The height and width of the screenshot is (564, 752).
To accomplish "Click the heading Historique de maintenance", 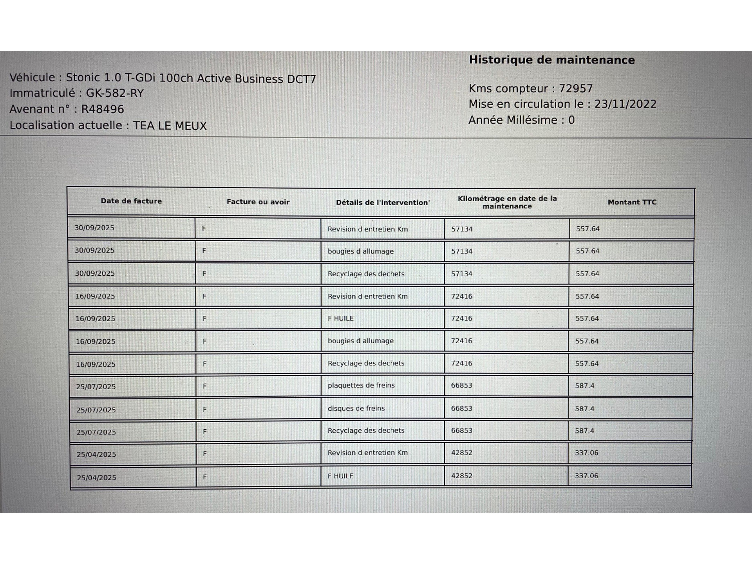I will click(x=551, y=60).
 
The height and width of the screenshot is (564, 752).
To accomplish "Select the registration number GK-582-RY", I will click(x=115, y=93).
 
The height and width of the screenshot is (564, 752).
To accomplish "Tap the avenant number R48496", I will click(x=102, y=109).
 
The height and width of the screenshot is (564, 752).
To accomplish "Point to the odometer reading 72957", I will click(x=575, y=89).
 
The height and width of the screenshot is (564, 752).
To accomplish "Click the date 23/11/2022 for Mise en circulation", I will click(x=625, y=104).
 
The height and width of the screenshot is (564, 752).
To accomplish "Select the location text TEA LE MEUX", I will click(x=170, y=126).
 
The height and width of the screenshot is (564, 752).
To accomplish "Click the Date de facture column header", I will click(x=131, y=201).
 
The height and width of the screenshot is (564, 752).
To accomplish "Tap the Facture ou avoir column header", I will click(x=258, y=202).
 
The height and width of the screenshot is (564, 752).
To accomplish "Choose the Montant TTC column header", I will click(x=632, y=202).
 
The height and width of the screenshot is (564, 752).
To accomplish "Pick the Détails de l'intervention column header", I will click(x=383, y=202).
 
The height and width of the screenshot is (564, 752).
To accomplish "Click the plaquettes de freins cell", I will click(x=361, y=385).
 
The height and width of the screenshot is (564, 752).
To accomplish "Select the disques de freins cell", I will click(x=356, y=409).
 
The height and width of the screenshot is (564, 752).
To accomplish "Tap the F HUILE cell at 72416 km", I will click(x=340, y=318).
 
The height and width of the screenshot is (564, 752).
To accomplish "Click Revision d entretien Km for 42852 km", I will click(x=367, y=453).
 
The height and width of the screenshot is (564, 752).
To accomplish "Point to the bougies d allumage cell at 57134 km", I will click(x=360, y=251).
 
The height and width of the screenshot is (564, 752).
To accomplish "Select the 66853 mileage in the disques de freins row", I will click(x=461, y=409).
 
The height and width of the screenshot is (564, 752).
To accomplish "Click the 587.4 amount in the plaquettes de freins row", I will click(x=584, y=386).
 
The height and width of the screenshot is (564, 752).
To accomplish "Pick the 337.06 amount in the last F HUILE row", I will click(x=586, y=476).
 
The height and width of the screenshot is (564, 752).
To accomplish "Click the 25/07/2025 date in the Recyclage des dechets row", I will click(x=96, y=432).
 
